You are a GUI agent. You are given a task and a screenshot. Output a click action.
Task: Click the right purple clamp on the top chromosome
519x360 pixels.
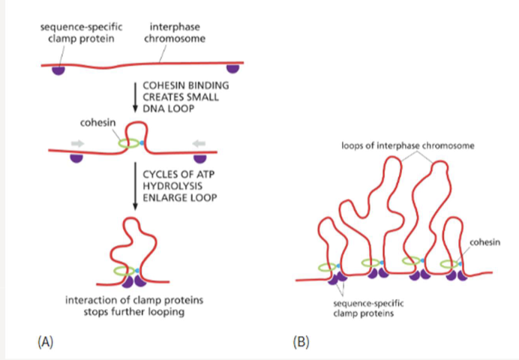233,69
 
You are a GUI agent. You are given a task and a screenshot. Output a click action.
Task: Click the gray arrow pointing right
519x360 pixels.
78,142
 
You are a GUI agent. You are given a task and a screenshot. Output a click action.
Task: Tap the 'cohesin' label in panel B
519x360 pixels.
484,241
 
